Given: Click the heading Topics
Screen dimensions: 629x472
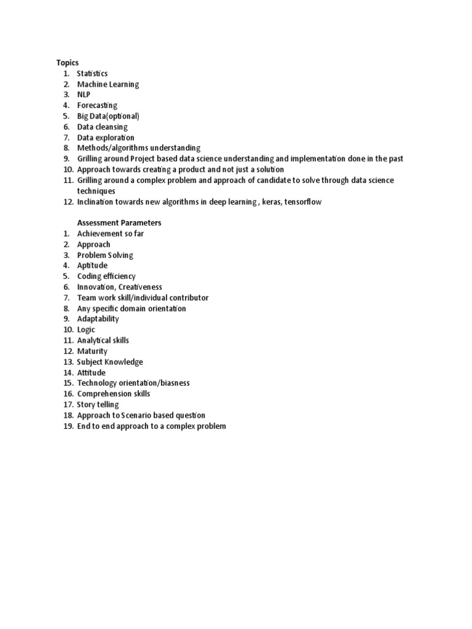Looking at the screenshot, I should coord(67,63).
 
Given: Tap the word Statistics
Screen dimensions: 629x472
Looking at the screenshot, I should coord(92,74).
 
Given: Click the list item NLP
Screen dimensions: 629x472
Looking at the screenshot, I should coord(84,95).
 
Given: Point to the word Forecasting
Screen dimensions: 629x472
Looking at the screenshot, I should coord(97,106).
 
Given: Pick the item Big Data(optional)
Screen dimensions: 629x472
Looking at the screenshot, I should coord(108,116).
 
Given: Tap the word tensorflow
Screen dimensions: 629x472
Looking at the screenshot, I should coord(303,201).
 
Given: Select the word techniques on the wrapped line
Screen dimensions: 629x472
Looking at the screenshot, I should coord(96,191).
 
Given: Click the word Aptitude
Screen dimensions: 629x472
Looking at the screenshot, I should coord(92,266).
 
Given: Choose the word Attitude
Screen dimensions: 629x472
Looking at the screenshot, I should coord(91,373).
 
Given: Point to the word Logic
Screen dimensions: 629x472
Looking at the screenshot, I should coord(86,330).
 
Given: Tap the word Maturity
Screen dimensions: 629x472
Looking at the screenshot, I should coord(92,351).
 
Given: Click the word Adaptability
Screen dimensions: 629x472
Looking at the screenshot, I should coord(98,319).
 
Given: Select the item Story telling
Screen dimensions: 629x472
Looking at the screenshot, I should coord(98,405).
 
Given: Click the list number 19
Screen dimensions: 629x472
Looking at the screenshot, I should coord(68,426).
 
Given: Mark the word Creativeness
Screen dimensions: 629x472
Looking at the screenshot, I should coord(141,287).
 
